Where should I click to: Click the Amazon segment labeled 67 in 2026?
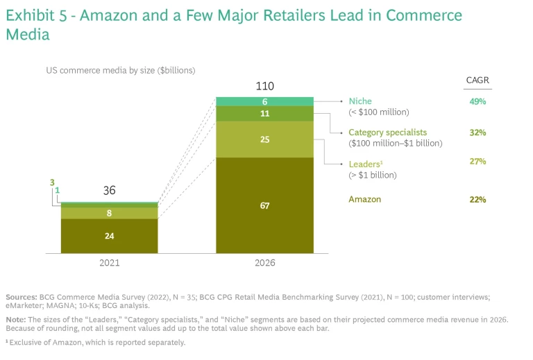[x=264, y=205]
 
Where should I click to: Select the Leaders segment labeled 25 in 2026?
[x=264, y=139]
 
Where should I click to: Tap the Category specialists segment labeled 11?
[x=264, y=114]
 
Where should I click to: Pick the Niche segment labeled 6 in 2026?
[x=264, y=101]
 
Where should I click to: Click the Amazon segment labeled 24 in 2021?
[x=109, y=236]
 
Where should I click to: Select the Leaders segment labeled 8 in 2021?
[x=109, y=214]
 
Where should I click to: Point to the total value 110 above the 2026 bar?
[x=264, y=87]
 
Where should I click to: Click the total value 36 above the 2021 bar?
[x=109, y=190]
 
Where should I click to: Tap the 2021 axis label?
[x=109, y=263]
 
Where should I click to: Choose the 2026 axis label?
[x=264, y=263]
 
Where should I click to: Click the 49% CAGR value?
[x=477, y=101]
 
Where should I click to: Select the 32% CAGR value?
[x=477, y=132]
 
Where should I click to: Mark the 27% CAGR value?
[x=477, y=162]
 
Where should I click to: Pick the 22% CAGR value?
[x=477, y=200]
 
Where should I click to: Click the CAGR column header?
[x=477, y=80]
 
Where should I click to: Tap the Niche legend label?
[x=360, y=101]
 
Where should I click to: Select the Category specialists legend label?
[x=387, y=132]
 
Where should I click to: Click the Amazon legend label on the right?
[x=364, y=200]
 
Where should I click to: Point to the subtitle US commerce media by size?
[x=120, y=70]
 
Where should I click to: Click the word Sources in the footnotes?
[x=21, y=297]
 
